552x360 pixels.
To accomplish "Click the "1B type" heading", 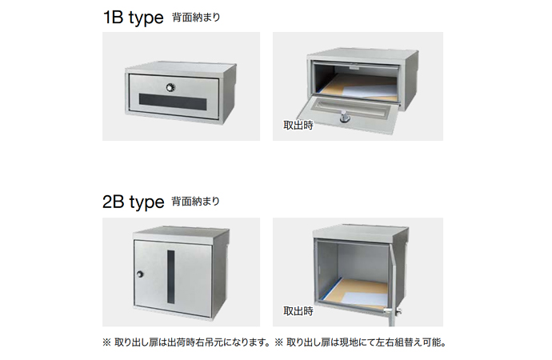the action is pyautogui.click(x=133, y=18).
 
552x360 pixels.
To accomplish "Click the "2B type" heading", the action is pyautogui.click(x=133, y=202).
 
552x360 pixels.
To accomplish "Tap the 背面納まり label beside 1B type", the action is pyautogui.click(x=196, y=18).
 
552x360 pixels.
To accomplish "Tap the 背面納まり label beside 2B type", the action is pyautogui.click(x=196, y=202).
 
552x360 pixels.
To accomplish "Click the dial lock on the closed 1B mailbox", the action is pyautogui.click(x=170, y=87).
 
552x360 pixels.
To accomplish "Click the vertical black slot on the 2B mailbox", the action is pyautogui.click(x=170, y=277).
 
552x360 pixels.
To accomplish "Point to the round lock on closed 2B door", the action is pyautogui.click(x=140, y=274).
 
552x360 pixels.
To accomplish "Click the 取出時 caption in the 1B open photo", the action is pyautogui.click(x=298, y=126).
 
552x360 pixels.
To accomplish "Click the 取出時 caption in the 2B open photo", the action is pyautogui.click(x=298, y=311).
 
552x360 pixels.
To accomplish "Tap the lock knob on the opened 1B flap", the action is pyautogui.click(x=344, y=116).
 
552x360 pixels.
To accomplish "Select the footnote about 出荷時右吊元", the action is pyautogui.click(x=186, y=342).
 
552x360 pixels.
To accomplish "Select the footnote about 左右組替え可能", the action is pyautogui.click(x=360, y=342).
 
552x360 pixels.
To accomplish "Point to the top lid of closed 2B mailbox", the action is pyautogui.click(x=182, y=234).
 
